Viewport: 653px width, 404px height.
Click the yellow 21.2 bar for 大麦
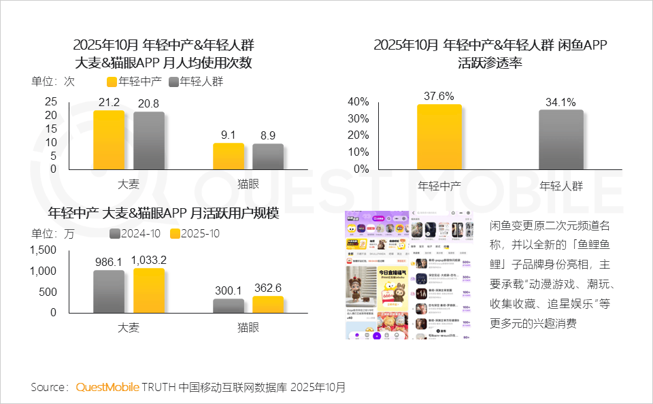pyautogui.click(x=109, y=139)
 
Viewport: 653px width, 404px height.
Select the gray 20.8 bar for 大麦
pyautogui.click(x=148, y=140)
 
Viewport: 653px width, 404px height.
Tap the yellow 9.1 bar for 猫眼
pyautogui.click(x=229, y=156)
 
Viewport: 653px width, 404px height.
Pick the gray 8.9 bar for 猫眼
pyautogui.click(x=268, y=156)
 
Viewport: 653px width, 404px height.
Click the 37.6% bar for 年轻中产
pyautogui.click(x=439, y=136)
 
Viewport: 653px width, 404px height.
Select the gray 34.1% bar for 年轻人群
pyautogui.click(x=561, y=139)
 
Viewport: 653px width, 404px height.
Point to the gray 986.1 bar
pyautogui.click(x=109, y=291)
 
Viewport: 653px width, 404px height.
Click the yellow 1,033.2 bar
pyautogui.click(x=148, y=290)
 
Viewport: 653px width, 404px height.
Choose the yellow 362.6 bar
pyautogui.click(x=268, y=304)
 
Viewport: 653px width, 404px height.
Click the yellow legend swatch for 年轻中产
pyautogui.click(x=112, y=82)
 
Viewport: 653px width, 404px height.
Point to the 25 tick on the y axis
pyautogui.click(x=51, y=101)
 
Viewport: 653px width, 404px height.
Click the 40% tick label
pyautogui.click(x=358, y=102)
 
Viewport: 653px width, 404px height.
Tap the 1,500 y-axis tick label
pyautogui.click(x=43, y=250)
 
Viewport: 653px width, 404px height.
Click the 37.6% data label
pyautogui.click(x=439, y=96)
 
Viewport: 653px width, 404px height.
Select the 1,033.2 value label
pyautogui.click(x=148, y=260)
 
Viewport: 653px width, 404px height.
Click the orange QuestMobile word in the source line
pyautogui.click(x=107, y=388)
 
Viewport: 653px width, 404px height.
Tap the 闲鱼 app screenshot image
pyautogui.click(x=409, y=275)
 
